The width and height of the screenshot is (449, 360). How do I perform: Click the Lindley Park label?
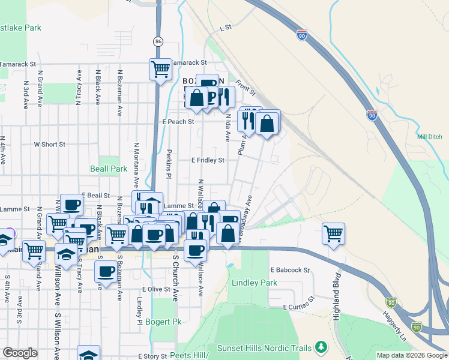(256, 283)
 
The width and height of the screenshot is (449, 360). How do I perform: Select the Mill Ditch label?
(429, 137)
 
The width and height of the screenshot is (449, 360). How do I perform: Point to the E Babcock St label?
(289, 271)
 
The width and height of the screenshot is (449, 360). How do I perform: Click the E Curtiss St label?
(299, 304)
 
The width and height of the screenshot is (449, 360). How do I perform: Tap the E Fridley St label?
(208, 160)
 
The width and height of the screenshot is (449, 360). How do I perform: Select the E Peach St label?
(178, 121)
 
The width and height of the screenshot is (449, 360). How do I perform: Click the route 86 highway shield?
(158, 41)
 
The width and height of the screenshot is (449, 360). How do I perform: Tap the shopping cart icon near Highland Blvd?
(333, 233)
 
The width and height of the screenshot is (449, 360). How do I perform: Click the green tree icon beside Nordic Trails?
(322, 347)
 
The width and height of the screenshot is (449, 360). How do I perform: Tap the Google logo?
(20, 353)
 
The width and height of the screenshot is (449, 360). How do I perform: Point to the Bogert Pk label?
(159, 322)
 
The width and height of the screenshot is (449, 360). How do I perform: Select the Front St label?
(246, 88)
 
